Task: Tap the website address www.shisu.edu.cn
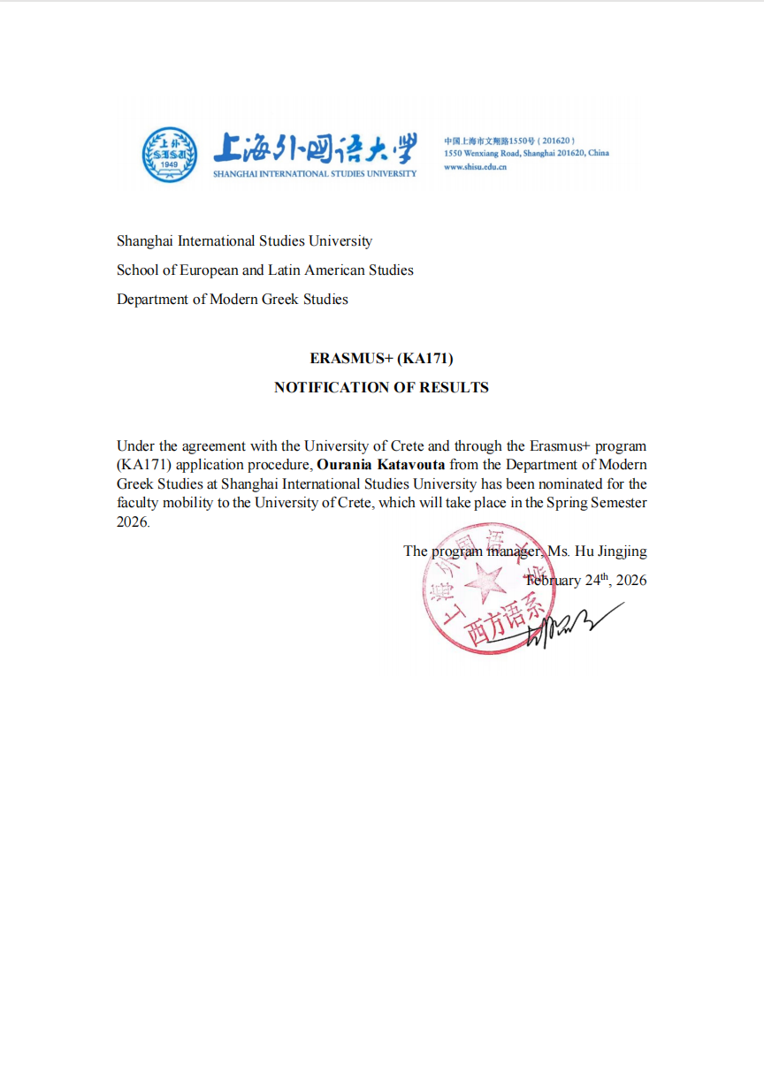pos(475,166)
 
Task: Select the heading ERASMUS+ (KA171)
pos(381,358)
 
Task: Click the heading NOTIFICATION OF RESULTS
pos(381,387)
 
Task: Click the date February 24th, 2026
pos(586,581)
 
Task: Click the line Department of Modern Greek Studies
pos(233,299)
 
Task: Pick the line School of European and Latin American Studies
pos(265,270)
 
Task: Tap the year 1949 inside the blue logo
pos(170,165)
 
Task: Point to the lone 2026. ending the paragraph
pos(134,521)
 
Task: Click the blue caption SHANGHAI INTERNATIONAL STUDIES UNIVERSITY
pos(314,173)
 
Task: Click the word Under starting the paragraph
pos(135,445)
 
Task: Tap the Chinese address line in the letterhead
pos(509,141)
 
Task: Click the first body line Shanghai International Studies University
pos(244,240)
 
